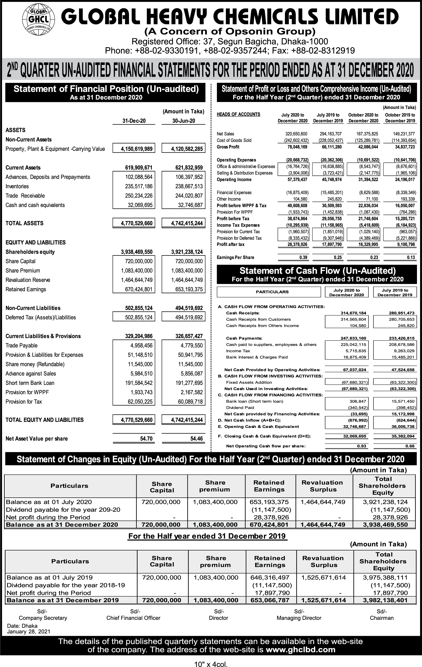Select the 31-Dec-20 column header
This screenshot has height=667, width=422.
134,121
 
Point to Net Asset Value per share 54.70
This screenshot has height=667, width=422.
146,439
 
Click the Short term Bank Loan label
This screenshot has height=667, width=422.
30,383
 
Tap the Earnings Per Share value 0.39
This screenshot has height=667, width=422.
303,257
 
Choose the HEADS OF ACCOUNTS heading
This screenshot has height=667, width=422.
239,114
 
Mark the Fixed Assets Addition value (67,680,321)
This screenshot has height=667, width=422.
355,382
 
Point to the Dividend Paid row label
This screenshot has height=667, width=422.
240,408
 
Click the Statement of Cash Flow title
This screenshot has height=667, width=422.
317,271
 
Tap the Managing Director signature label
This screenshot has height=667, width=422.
299,618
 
